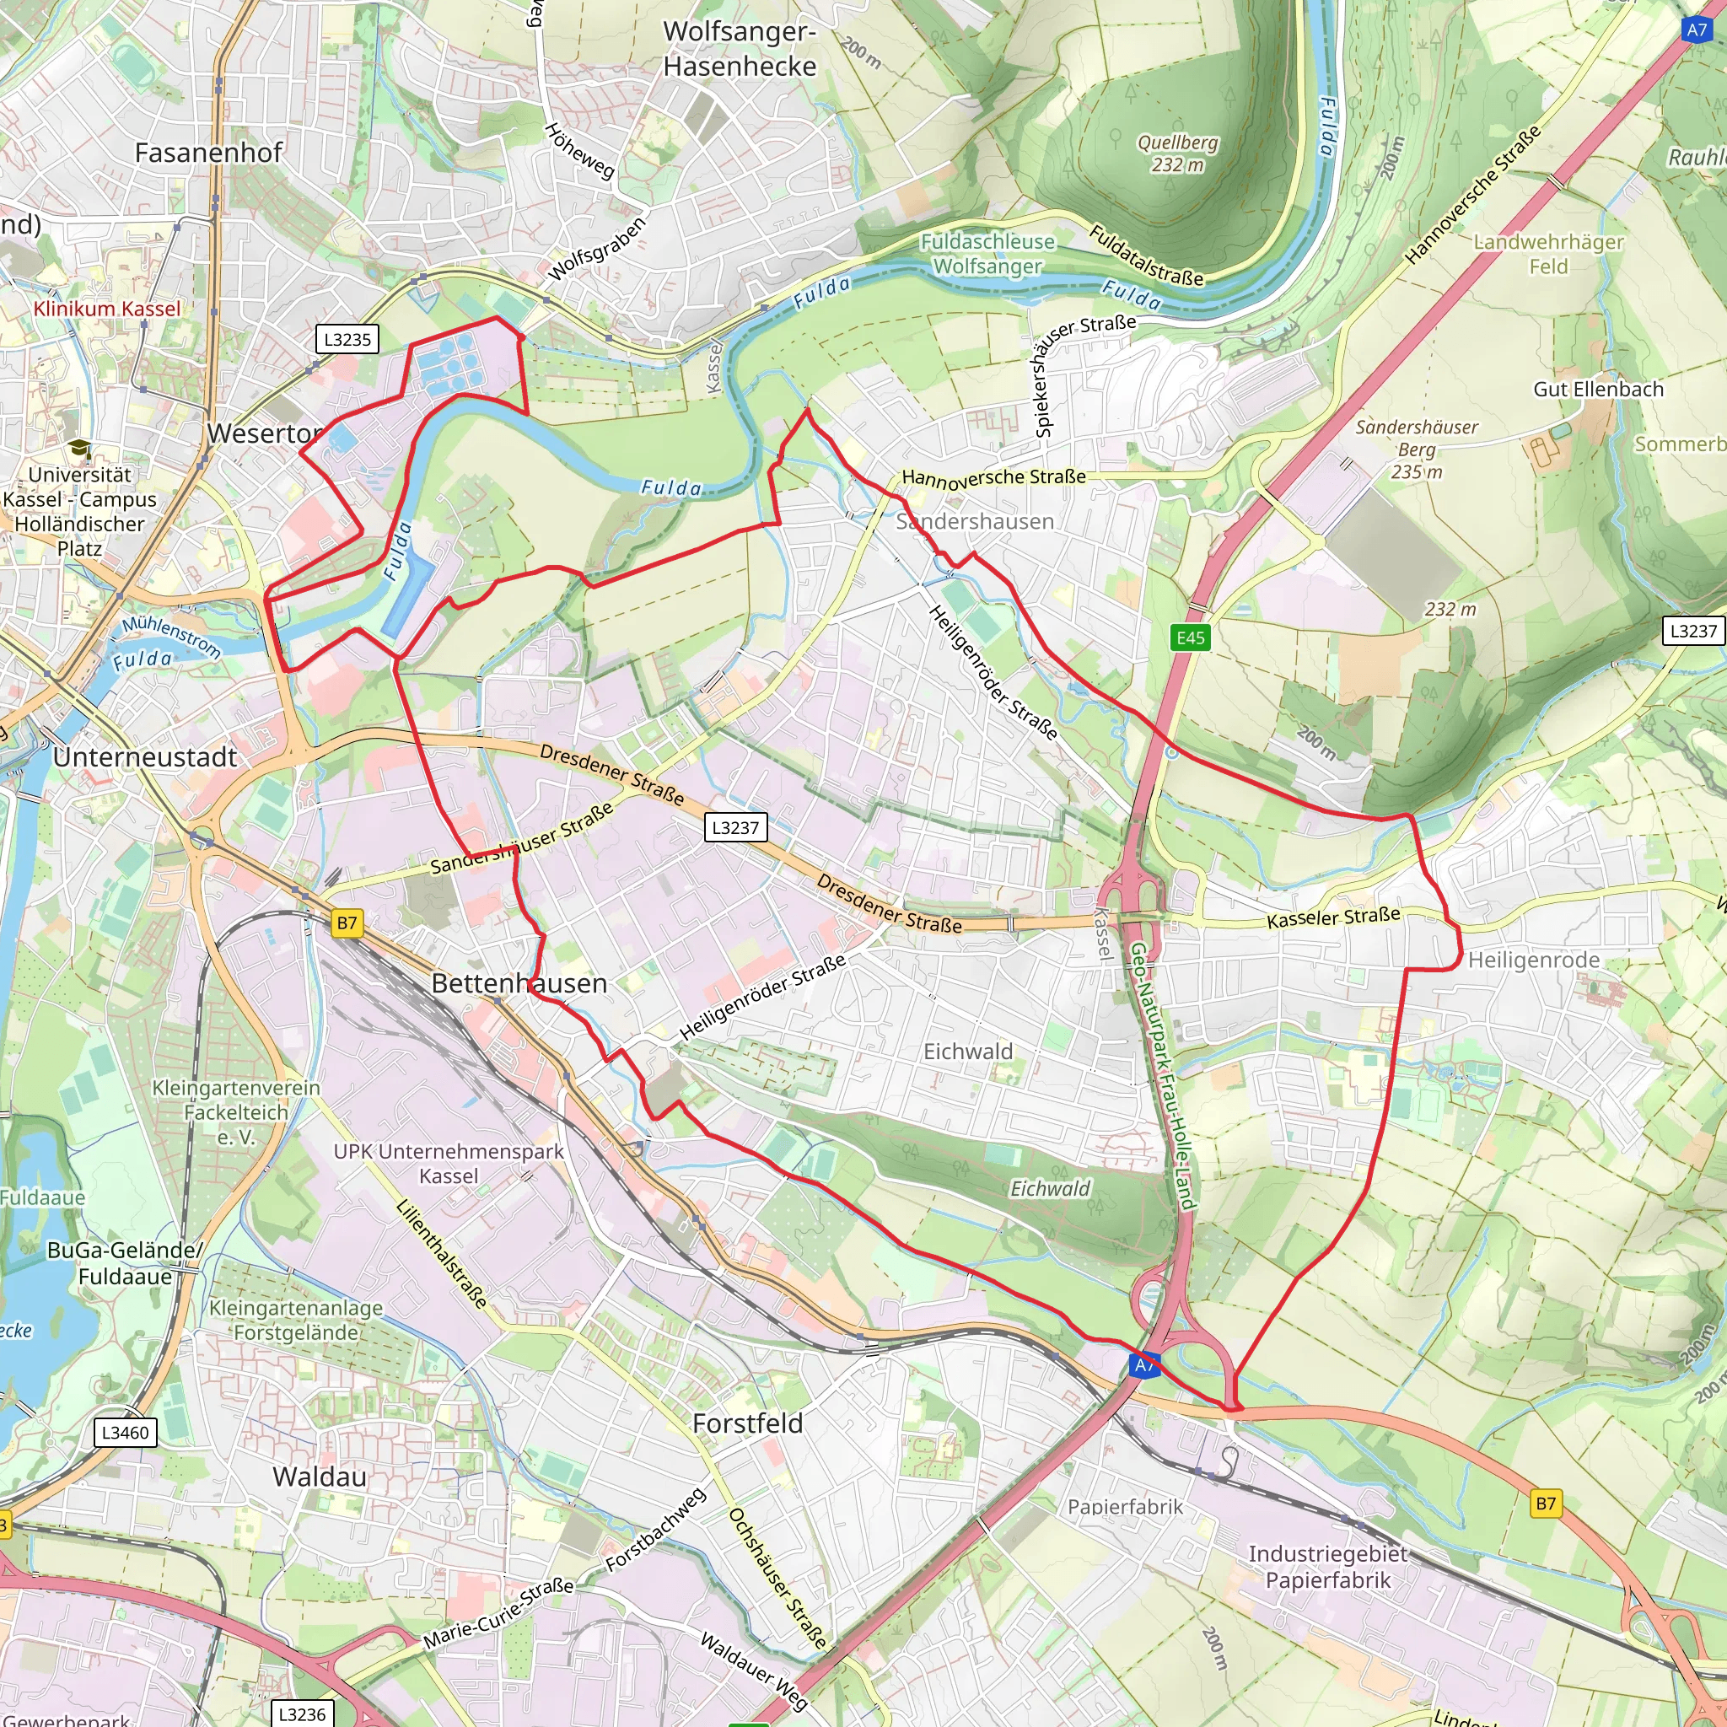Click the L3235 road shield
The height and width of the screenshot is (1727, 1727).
(x=347, y=340)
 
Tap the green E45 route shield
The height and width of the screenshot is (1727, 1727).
(x=1190, y=638)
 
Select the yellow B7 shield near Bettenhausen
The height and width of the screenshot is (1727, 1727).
(x=347, y=923)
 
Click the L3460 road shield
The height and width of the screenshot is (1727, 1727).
(x=125, y=1433)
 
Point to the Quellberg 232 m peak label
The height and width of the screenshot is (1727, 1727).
(x=1176, y=153)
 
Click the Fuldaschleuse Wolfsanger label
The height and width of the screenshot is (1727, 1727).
(x=987, y=254)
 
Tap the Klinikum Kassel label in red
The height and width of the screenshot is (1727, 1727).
(x=106, y=309)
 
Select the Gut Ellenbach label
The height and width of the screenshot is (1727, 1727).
(x=1598, y=390)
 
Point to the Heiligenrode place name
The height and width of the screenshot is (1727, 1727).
(x=1534, y=960)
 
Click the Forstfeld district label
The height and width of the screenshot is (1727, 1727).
(x=747, y=1423)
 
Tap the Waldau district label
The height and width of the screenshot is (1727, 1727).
(x=320, y=1477)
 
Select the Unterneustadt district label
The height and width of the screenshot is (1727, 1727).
(x=145, y=757)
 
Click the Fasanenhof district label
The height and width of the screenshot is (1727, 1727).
(x=208, y=153)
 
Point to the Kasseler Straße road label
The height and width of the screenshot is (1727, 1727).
(x=1333, y=917)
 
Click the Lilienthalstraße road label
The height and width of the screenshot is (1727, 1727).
(x=442, y=1255)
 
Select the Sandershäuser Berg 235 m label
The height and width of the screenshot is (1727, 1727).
(x=1416, y=449)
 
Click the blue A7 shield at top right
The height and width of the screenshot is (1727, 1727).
(x=1696, y=30)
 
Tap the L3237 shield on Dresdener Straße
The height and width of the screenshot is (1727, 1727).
(x=734, y=828)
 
